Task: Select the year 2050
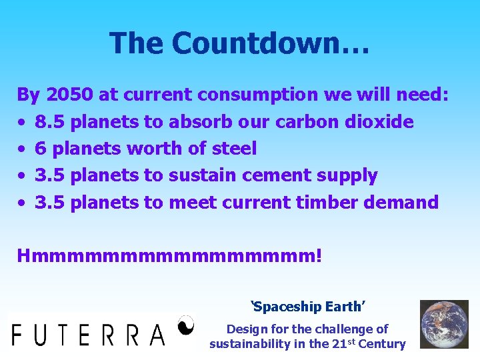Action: click(x=69, y=95)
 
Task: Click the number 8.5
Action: click(x=50, y=122)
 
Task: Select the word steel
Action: click(x=233, y=149)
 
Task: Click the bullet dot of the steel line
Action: click(x=22, y=149)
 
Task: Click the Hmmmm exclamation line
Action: click(x=169, y=255)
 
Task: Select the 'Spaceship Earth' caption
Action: click(x=307, y=307)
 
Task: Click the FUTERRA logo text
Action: click(x=88, y=334)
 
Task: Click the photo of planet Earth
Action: click(x=443, y=325)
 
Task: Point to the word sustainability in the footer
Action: click(x=251, y=344)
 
